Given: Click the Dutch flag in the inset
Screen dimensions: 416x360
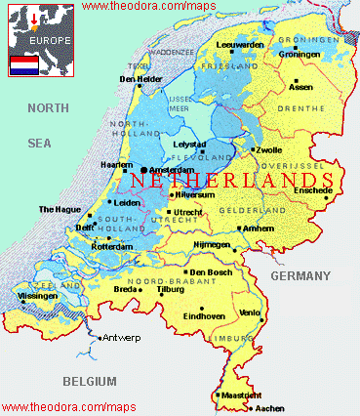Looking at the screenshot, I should pos(23,64).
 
